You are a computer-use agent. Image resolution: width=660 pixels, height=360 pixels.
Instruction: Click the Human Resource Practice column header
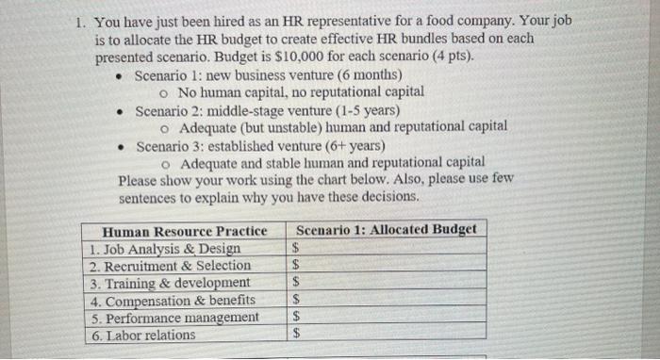(185, 231)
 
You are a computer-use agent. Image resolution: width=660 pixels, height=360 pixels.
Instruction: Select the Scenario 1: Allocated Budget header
(386, 229)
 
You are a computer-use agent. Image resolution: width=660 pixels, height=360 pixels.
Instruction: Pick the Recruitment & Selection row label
(171, 266)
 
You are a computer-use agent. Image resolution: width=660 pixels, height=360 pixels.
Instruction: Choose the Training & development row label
(171, 283)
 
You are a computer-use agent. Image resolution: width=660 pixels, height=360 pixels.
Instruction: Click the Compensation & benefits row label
(173, 301)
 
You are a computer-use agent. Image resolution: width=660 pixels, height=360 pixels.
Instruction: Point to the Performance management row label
(175, 318)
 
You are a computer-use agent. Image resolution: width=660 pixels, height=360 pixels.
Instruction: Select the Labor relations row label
(143, 335)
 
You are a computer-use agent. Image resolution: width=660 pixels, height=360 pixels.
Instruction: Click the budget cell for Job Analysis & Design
(387, 248)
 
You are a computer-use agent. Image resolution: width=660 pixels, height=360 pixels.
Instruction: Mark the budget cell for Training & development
(387, 282)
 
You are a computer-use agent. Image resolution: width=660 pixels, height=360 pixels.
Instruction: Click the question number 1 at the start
(81, 22)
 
